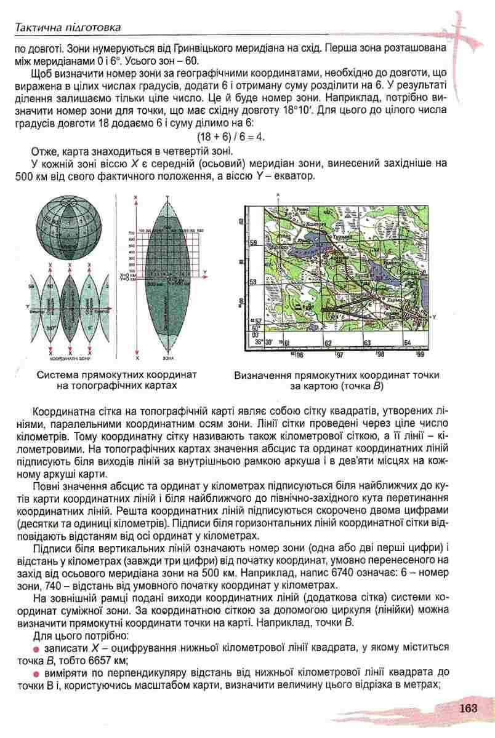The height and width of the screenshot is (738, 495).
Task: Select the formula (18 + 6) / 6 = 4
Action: tap(230, 137)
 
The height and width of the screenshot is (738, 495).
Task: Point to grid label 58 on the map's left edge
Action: tap(252, 282)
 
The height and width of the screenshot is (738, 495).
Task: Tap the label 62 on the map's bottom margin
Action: tap(328, 343)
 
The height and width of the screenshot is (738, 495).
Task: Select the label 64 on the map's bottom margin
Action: tap(407, 343)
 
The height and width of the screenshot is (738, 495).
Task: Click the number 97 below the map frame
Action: tap(340, 355)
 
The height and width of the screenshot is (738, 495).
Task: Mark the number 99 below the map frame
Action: tap(420, 355)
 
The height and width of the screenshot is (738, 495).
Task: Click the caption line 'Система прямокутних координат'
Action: tap(116, 374)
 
